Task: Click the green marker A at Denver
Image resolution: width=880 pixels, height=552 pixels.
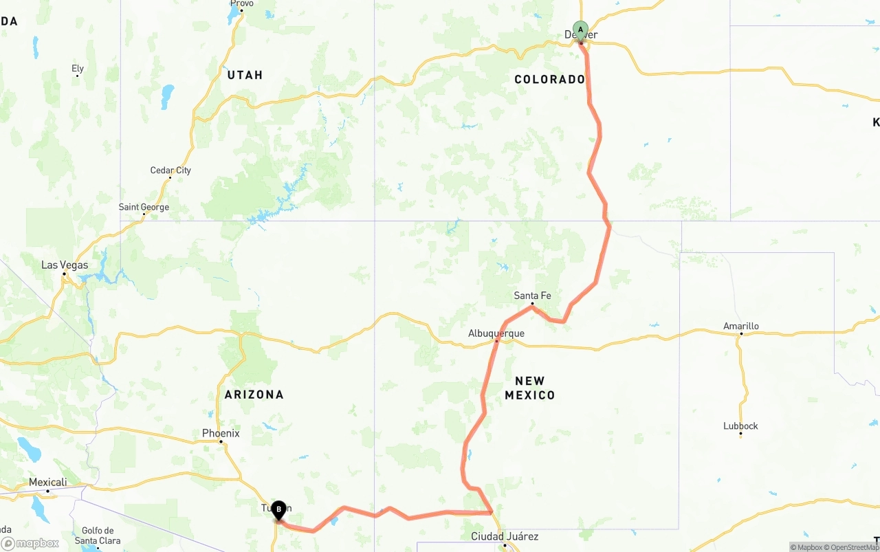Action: (581, 30)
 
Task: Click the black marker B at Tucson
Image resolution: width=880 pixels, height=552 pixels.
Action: (278, 510)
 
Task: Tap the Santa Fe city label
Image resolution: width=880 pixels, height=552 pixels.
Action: (532, 296)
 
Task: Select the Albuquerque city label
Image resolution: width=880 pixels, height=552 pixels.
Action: (496, 333)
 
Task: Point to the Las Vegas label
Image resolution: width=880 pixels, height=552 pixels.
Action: (65, 265)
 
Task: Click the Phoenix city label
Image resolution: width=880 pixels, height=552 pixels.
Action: (221, 433)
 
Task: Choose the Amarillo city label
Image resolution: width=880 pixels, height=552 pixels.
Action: (741, 326)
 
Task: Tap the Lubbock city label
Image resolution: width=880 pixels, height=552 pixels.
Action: (740, 426)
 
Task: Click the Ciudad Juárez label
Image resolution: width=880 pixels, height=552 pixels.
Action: (505, 536)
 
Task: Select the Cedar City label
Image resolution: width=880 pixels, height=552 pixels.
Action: (170, 170)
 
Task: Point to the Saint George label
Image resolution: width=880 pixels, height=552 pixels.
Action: (144, 207)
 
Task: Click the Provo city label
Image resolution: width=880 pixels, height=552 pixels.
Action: (242, 4)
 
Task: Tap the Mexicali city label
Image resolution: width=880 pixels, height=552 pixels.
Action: (47, 483)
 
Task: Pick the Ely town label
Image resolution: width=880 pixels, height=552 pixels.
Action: (78, 69)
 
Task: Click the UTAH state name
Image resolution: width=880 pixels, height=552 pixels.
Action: (245, 75)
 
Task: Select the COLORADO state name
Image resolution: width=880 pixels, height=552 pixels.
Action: (549, 79)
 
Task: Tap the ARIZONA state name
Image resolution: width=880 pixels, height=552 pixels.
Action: (254, 395)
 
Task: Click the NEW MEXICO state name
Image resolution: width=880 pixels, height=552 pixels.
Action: (529, 388)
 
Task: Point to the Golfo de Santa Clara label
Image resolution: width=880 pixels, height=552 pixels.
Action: (97, 536)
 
